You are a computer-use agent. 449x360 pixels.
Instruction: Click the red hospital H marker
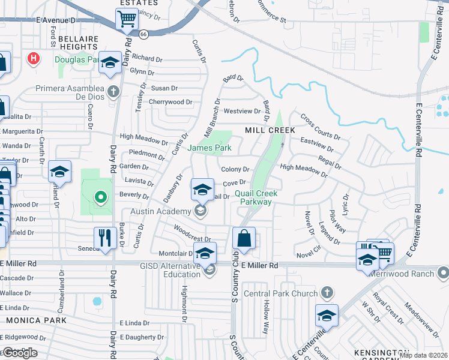coord(34,59)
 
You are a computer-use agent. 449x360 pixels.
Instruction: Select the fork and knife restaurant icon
coord(105,238)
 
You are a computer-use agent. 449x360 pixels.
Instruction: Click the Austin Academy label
coord(161,211)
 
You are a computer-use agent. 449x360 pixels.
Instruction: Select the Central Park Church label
coord(281,294)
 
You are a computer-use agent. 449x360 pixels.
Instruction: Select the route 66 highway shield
coord(143,35)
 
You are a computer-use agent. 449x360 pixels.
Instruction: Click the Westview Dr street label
coord(241,112)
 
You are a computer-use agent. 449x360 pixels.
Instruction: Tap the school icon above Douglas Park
coord(110,63)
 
